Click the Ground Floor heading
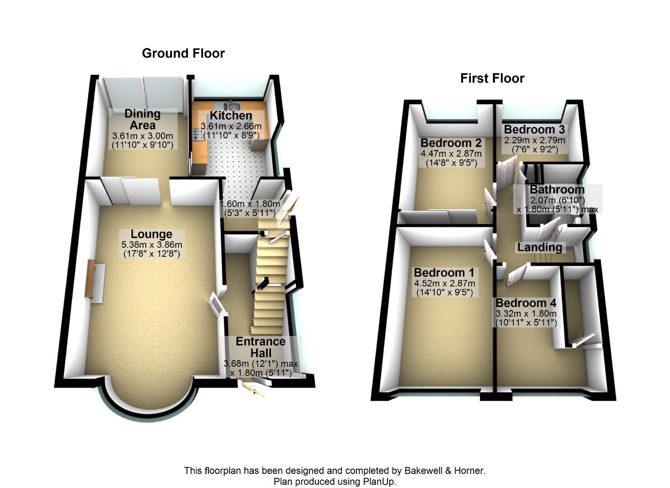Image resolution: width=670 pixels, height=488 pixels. [x=183, y=53]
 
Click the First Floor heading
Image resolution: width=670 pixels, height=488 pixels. [x=492, y=79]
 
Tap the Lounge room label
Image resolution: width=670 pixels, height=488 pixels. [x=151, y=234]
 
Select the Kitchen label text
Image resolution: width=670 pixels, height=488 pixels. [x=231, y=116]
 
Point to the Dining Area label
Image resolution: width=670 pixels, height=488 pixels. [x=143, y=119]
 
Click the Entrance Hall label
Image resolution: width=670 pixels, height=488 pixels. [x=261, y=347]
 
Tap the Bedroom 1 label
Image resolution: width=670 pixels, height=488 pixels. [x=444, y=273]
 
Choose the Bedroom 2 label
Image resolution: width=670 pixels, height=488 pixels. [x=451, y=143]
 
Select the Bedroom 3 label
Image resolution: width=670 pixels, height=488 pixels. [x=534, y=129]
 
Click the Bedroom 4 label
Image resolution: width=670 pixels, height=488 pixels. [x=526, y=303]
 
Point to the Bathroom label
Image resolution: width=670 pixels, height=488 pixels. [x=557, y=190]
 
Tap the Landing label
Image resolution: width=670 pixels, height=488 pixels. [x=540, y=247]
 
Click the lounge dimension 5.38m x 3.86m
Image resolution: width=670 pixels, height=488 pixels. [x=152, y=245]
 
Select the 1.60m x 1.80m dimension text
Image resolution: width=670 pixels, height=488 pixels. [x=250, y=204]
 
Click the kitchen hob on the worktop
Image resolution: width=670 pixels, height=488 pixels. [x=198, y=134]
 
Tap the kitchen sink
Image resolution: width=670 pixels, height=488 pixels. [x=231, y=106]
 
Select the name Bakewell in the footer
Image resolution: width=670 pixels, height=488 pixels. [x=423, y=470]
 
